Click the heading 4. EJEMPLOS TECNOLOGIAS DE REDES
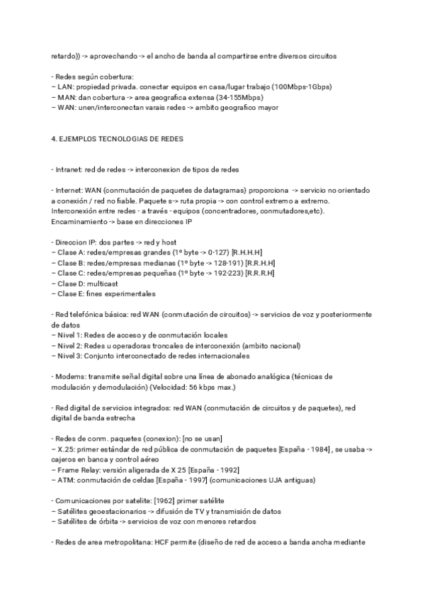pyautogui.click(x=118, y=139)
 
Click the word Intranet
pyautogui.click(x=68, y=169)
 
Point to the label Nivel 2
pyautogui.click(x=71, y=345)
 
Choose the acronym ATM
pyautogui.click(x=67, y=480)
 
